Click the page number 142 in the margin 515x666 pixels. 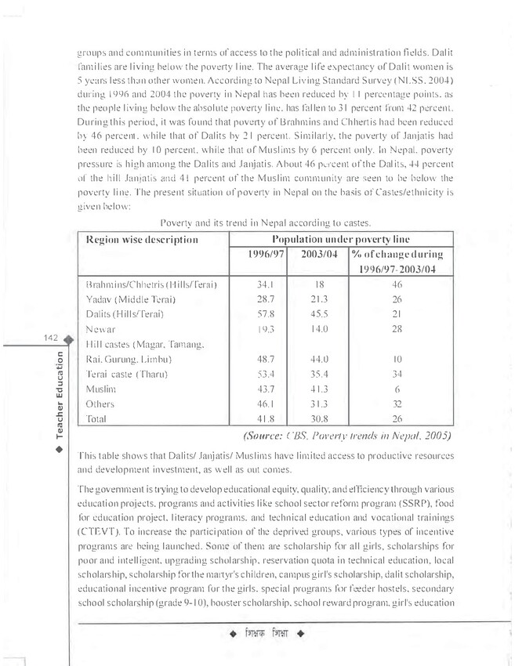tap(53, 338)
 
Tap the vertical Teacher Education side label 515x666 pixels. tap(60, 396)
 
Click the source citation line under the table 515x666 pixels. tap(347, 435)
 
